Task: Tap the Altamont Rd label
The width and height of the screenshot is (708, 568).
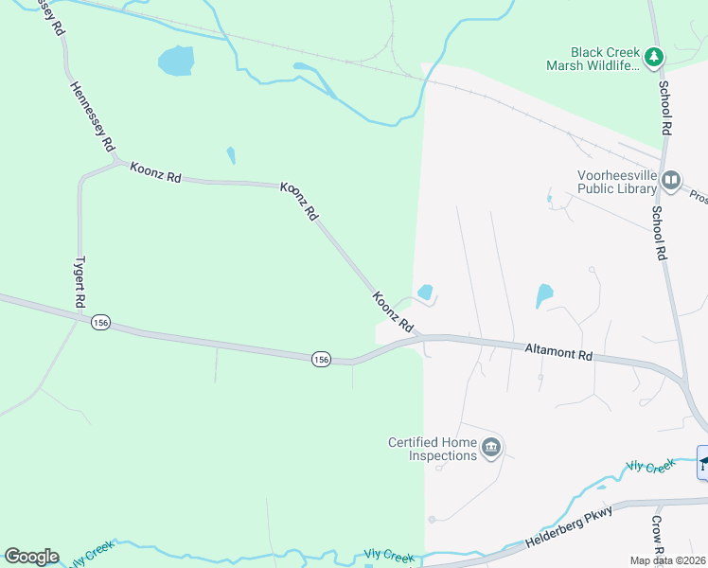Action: click(558, 352)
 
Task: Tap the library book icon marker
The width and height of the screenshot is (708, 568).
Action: click(671, 179)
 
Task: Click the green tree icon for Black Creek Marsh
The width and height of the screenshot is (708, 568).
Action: click(654, 58)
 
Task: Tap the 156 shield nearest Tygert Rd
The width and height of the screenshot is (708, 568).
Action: click(100, 324)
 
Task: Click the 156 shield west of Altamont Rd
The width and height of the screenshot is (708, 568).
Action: click(322, 359)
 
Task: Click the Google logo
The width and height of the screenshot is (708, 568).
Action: click(31, 557)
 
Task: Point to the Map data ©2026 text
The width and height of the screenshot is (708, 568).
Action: click(667, 560)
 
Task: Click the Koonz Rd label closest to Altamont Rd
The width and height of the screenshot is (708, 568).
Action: click(394, 311)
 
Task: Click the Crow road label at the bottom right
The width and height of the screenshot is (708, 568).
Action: click(658, 538)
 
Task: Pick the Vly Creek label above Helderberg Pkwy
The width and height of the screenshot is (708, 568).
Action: click(650, 466)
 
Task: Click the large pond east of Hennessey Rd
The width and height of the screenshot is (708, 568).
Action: click(176, 62)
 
